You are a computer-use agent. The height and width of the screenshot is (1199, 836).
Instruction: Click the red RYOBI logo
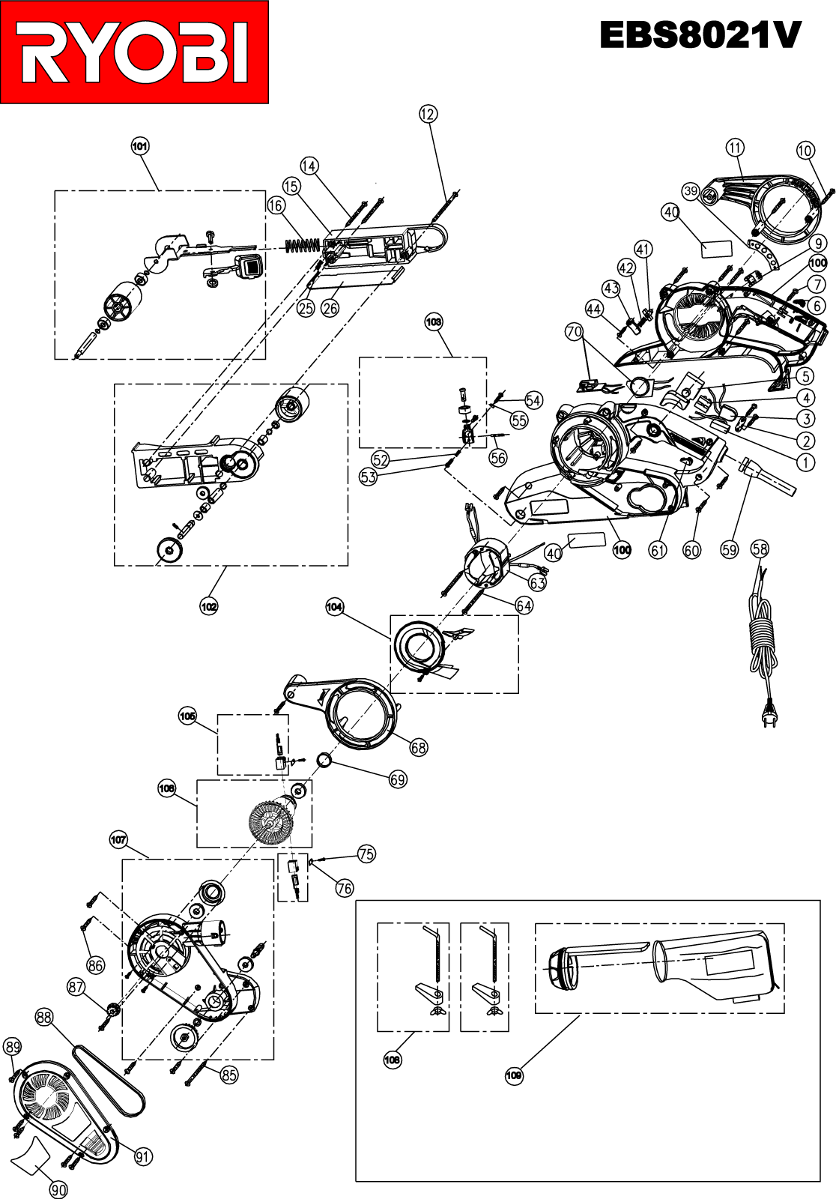point(134,52)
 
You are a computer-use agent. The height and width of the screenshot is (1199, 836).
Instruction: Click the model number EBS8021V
point(700,36)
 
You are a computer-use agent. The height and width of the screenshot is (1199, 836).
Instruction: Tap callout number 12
point(428,114)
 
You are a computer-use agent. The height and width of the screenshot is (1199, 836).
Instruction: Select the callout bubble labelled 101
point(140,146)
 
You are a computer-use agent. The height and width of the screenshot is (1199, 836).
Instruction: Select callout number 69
point(398,780)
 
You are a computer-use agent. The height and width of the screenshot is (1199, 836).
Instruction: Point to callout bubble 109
point(514,1075)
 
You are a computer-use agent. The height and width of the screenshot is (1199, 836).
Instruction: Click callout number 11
point(736,147)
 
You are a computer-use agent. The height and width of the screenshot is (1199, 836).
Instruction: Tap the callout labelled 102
point(209,606)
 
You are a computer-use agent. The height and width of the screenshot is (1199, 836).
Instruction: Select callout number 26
point(330,308)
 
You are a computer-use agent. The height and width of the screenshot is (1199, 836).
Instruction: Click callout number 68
point(419,747)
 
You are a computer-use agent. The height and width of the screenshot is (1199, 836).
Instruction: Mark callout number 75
point(366,854)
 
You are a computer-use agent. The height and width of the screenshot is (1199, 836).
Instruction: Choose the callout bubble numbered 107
point(118,840)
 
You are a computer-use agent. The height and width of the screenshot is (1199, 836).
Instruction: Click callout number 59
point(730,550)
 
